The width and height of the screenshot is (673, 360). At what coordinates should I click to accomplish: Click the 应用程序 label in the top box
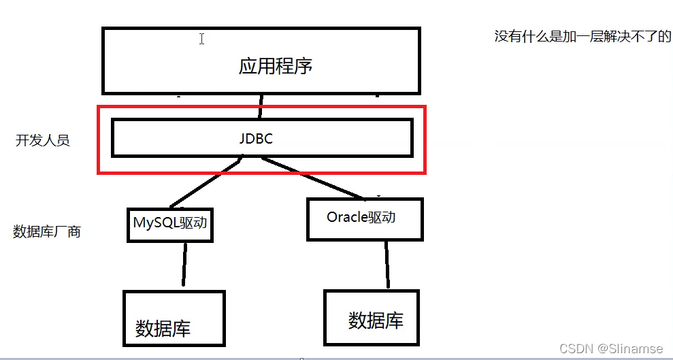pos(275,67)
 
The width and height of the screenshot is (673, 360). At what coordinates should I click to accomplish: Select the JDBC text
pos(256,138)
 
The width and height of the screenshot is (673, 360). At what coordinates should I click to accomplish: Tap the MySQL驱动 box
pos(170,225)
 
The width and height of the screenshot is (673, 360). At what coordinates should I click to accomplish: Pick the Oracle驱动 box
pos(364,218)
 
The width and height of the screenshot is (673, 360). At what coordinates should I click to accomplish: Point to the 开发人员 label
pos(43,141)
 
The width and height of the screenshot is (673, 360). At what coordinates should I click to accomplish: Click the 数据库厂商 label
pos(47,231)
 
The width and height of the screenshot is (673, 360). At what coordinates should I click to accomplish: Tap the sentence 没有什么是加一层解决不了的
pos(582,37)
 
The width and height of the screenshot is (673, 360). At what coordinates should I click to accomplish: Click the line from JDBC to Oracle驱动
pos(313,178)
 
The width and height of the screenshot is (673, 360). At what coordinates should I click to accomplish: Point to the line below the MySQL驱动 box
pos(184,265)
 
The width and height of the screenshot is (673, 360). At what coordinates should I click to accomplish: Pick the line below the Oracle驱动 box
pos(387,265)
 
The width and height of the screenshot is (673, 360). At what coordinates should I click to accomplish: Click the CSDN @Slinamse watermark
pos(610,348)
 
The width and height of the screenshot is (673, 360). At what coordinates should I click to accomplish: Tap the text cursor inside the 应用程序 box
pos(201,39)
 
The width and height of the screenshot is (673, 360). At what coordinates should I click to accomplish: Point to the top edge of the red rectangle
pos(261,107)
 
